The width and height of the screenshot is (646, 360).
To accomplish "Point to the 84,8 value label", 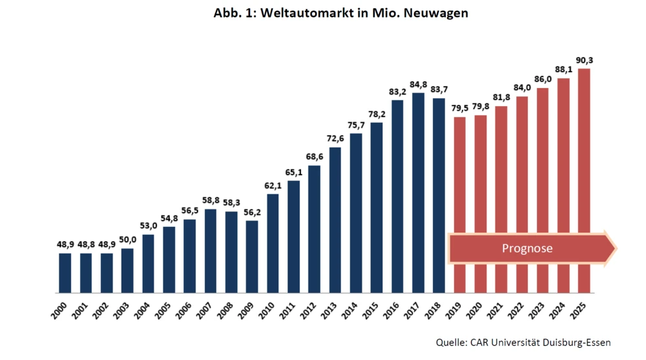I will pyautogui.click(x=418, y=84).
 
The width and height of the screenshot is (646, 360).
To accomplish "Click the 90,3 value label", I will pyautogui.click(x=584, y=60).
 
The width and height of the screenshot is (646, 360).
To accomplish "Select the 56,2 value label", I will pyautogui.click(x=252, y=212).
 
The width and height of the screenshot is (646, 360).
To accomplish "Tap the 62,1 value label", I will pyautogui.click(x=273, y=185).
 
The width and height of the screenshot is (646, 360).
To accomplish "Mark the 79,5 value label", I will pyautogui.click(x=459, y=109).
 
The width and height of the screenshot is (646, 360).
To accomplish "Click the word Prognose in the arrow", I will pyautogui.click(x=527, y=248).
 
